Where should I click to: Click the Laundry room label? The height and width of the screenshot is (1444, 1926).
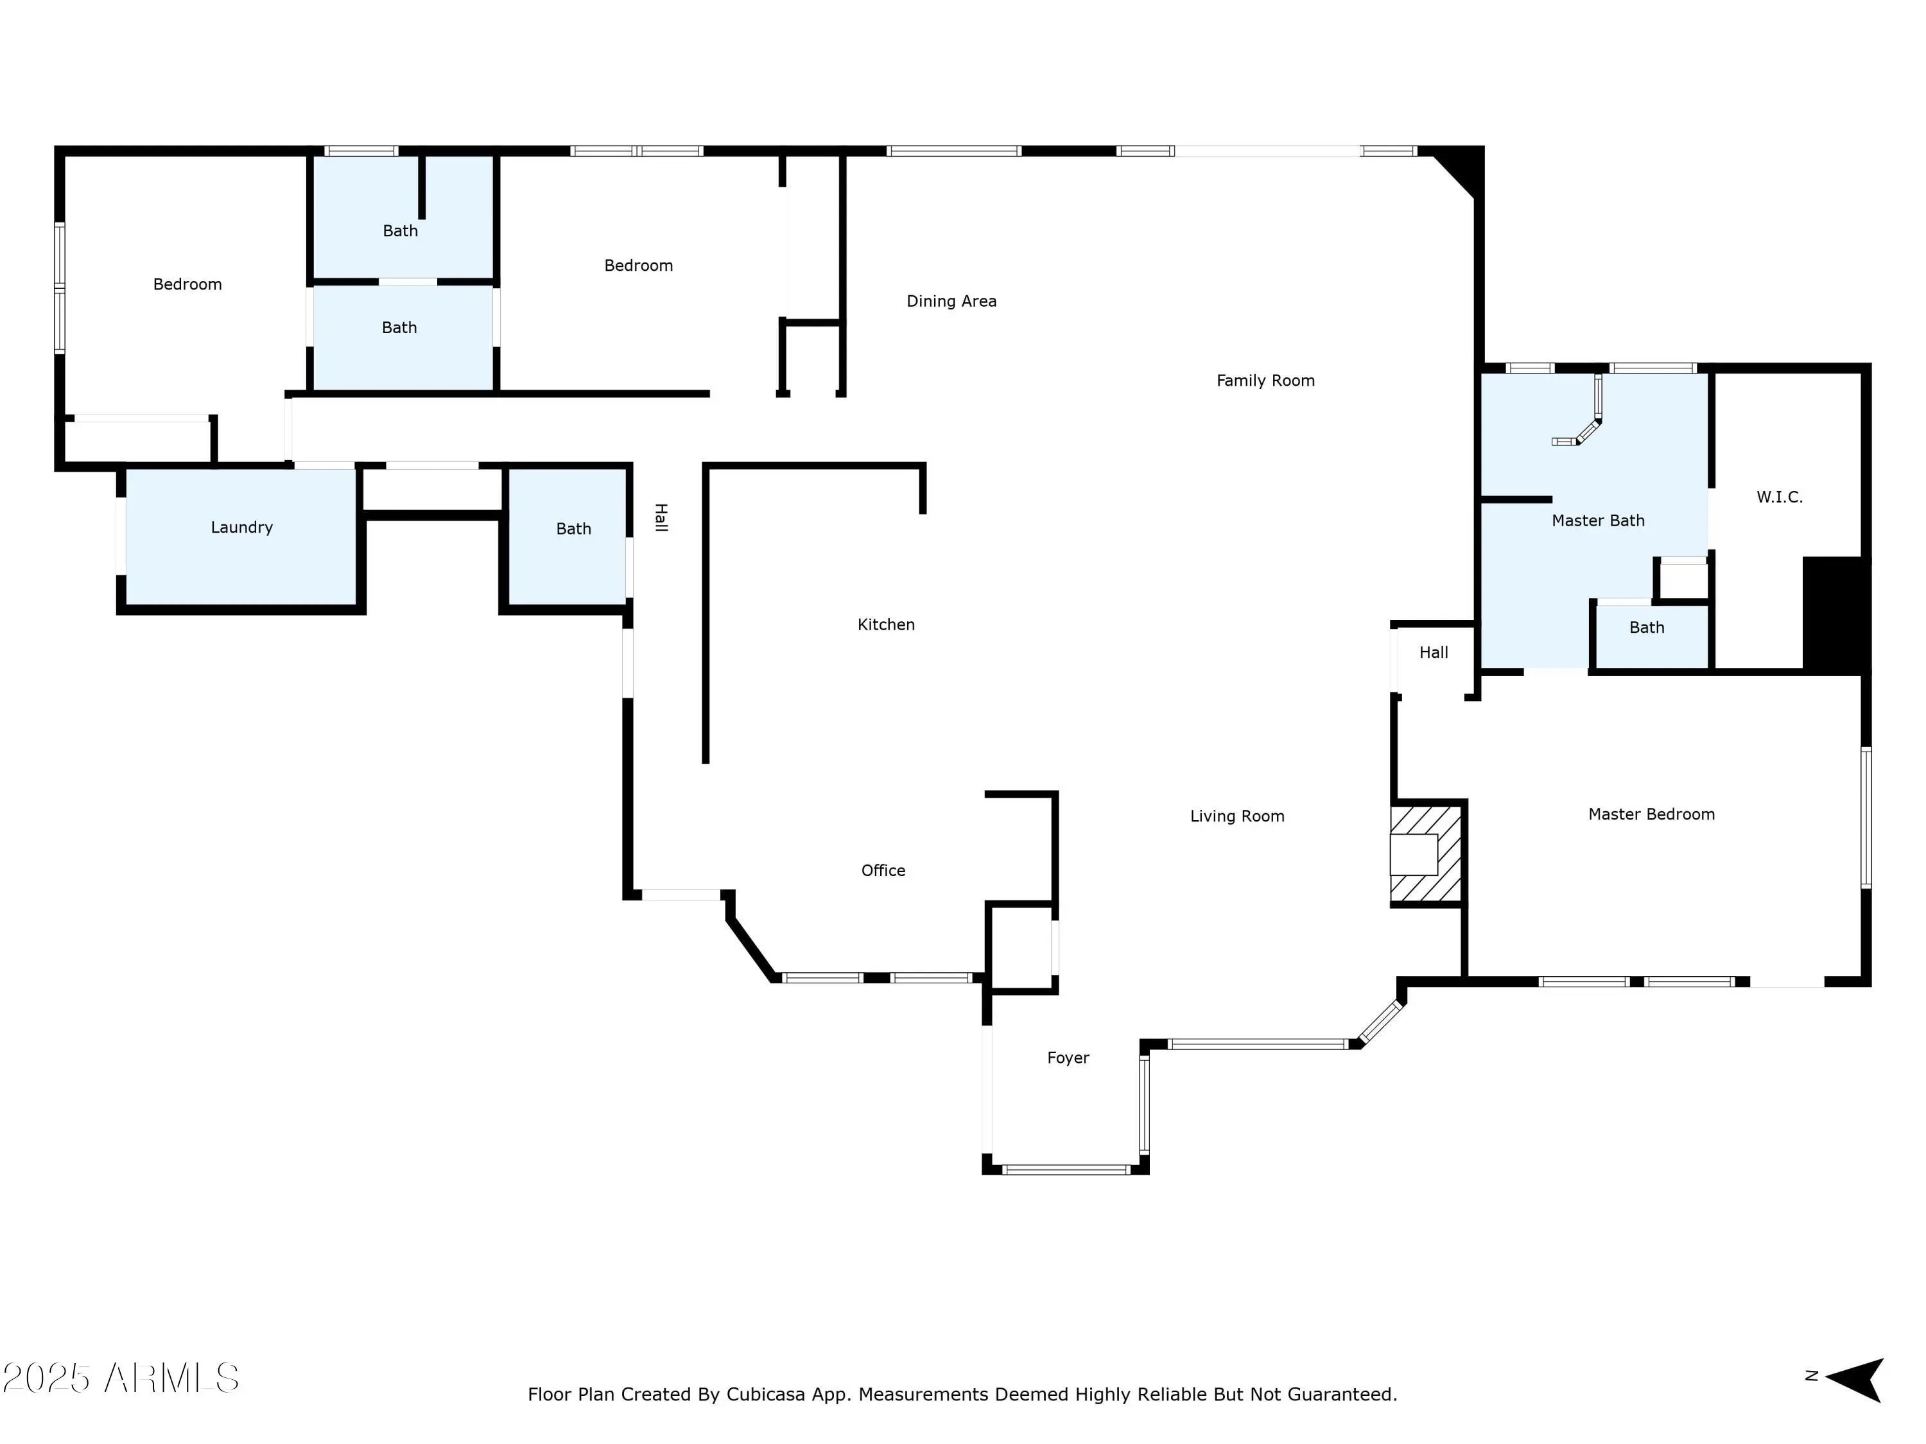pyautogui.click(x=241, y=528)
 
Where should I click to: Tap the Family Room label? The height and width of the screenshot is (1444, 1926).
pyautogui.click(x=1265, y=381)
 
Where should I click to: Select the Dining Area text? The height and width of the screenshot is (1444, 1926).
pyautogui.click(x=951, y=301)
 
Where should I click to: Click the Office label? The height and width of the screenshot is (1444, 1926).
pyautogui.click(x=883, y=870)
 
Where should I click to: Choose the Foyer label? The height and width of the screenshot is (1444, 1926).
pyautogui.click(x=1068, y=1058)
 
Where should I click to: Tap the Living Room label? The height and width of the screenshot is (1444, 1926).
pyautogui.click(x=1236, y=816)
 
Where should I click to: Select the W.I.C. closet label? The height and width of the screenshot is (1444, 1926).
pyautogui.click(x=1779, y=497)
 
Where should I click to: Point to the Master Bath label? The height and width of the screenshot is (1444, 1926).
pyautogui.click(x=1598, y=520)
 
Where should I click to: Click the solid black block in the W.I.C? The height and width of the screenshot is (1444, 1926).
pyautogui.click(x=1835, y=613)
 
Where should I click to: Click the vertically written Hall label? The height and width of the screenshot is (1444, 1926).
pyautogui.click(x=661, y=517)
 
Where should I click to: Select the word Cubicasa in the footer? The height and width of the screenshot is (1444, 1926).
pyautogui.click(x=763, y=1395)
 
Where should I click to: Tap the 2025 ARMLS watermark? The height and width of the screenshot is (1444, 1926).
pyautogui.click(x=121, y=1378)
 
